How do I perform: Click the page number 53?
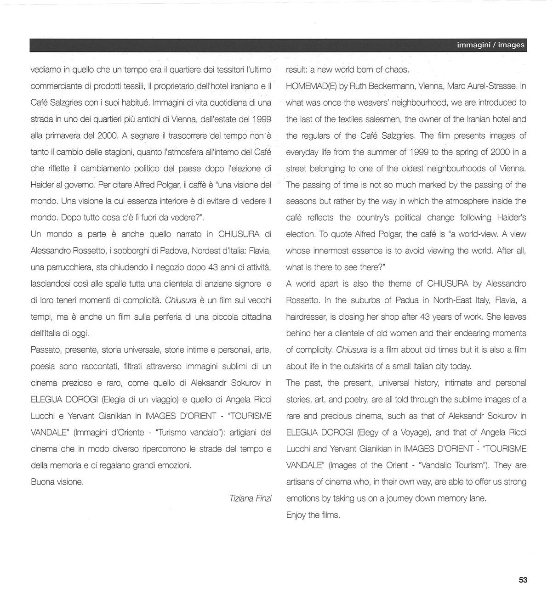pos(523,580)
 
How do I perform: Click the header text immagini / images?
pos(490,45)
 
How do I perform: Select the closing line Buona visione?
pos(57,482)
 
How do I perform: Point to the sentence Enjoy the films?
pos(313,515)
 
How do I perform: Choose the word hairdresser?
pos(308,317)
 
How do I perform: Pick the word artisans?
pos(302,482)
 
